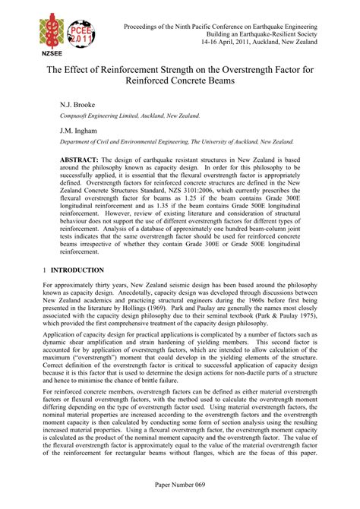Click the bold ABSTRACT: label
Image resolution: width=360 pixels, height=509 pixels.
pos(78,160)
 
